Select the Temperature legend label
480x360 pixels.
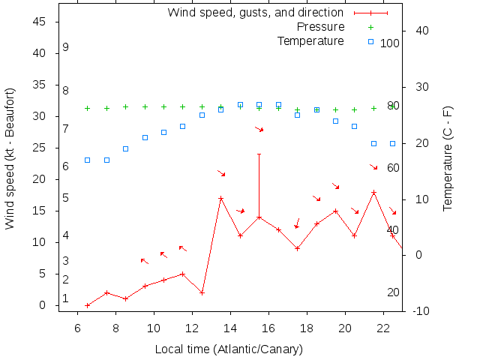tap(310, 41)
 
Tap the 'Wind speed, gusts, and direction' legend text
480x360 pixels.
tap(255, 13)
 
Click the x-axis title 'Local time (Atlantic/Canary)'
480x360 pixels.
tap(229, 349)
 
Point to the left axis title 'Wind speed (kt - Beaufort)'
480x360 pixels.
tap(10, 157)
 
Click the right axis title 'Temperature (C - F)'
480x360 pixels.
tap(448, 157)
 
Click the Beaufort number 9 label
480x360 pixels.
tap(66, 47)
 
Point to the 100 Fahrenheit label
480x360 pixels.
tap(389, 43)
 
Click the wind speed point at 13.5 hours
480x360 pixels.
tap(220, 199)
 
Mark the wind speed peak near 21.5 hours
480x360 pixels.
tap(373, 193)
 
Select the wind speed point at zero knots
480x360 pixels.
tap(88, 305)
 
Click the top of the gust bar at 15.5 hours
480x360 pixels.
tap(259, 154)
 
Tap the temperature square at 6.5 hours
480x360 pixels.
tap(88, 160)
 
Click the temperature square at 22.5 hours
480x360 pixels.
tap(392, 143)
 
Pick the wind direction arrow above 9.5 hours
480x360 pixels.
tap(144, 261)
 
